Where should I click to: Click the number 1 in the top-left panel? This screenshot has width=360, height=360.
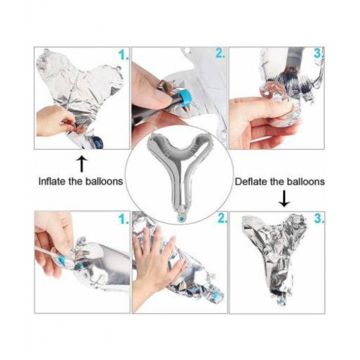124,55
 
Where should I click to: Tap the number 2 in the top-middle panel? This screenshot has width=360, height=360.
220,53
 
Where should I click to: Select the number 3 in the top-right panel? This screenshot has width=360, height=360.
319,53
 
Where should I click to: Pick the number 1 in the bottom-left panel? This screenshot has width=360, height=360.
124,219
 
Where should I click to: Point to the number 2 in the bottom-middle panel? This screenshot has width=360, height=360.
222,218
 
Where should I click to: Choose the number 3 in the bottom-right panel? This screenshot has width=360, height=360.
320,218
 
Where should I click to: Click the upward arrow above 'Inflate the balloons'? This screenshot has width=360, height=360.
81,164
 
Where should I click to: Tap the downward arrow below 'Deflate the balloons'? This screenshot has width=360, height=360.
284,199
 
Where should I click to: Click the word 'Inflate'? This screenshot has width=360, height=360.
52,181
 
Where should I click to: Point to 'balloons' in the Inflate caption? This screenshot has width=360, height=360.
104,181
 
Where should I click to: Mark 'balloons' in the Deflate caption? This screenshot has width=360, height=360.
306,181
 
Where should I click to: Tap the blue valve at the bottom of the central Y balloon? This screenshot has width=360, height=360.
181,218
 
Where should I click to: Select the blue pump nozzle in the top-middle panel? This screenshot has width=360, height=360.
186,98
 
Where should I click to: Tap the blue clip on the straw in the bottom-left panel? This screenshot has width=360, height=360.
62,260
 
